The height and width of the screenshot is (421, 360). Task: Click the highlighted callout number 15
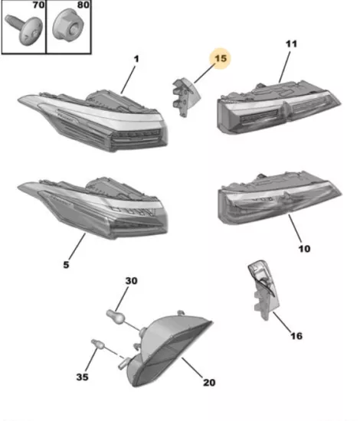[221, 58]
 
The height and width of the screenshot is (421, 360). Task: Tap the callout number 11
[292, 44]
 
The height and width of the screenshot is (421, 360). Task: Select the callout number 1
[136, 59]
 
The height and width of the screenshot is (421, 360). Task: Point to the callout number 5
[66, 265]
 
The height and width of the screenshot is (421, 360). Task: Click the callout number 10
[304, 249]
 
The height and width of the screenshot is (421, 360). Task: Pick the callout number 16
[296, 336]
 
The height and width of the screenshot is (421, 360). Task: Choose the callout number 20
[209, 382]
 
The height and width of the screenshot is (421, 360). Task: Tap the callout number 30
[132, 281]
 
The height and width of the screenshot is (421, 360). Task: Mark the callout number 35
[82, 377]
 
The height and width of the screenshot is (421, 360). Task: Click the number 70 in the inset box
[39, 5]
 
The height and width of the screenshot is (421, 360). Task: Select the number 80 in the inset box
[83, 5]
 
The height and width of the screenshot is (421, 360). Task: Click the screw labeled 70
[25, 30]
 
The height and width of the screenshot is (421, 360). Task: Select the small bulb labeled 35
[98, 344]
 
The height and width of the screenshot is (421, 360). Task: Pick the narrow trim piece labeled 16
[263, 290]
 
